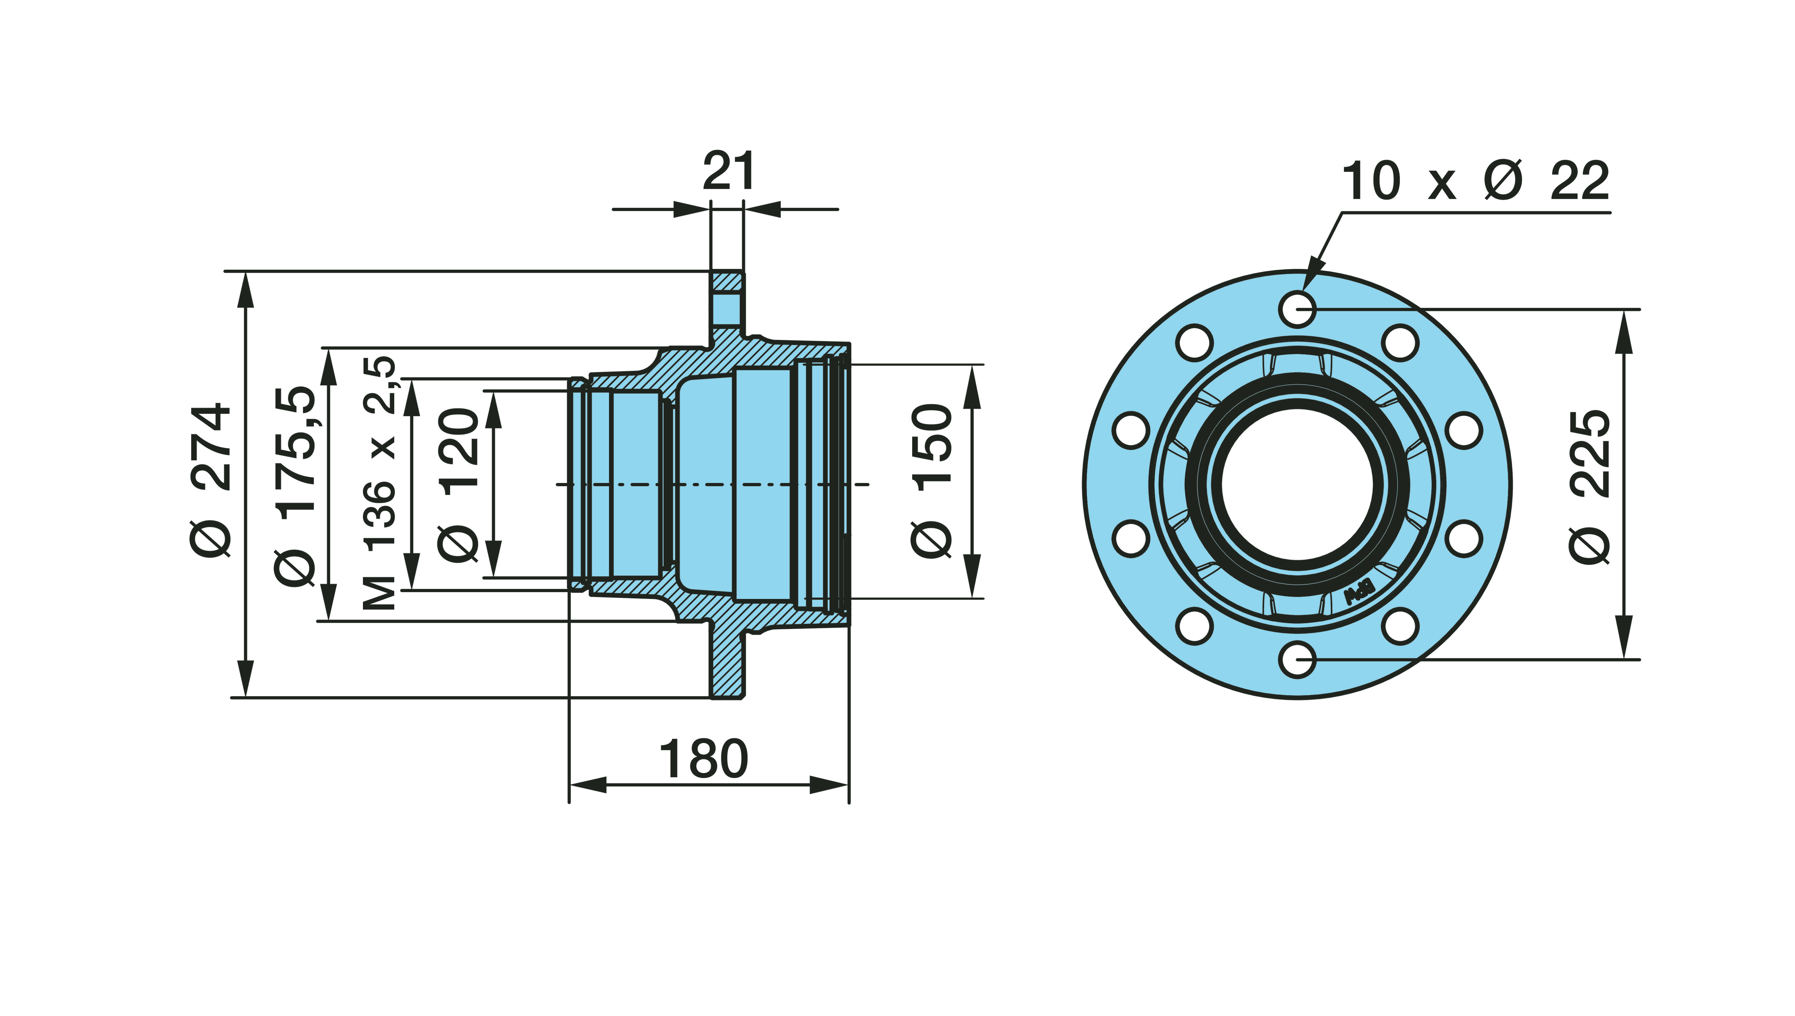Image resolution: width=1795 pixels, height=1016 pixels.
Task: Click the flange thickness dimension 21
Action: coord(728,172)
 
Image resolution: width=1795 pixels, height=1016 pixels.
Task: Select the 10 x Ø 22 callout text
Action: coord(1475,181)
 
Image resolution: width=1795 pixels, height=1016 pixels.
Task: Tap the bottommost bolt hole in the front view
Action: coord(1298,659)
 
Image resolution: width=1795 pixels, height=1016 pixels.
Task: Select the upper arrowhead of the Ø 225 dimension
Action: coord(1625,331)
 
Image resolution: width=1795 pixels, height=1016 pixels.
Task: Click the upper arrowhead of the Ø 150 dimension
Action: coord(972,387)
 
